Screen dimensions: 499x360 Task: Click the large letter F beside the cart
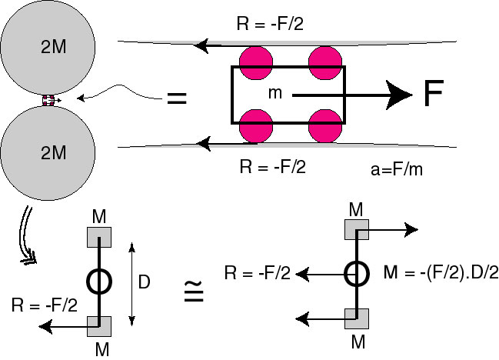point(434,93)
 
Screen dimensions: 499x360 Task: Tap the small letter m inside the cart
point(275,93)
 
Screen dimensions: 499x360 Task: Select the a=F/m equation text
point(397,168)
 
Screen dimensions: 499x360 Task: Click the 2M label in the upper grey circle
point(54,47)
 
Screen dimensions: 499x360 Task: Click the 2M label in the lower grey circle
point(54,152)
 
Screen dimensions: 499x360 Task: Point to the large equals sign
point(177,98)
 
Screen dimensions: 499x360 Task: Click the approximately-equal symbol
point(194,292)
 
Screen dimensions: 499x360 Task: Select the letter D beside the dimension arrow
point(144,282)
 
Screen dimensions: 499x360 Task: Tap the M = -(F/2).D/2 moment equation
point(441,273)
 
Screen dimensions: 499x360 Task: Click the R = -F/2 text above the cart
point(270,24)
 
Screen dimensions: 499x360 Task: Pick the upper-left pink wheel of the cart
point(256,63)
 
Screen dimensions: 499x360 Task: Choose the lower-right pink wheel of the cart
point(325,126)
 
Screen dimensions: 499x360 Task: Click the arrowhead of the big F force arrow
point(398,95)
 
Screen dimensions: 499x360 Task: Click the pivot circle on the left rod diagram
point(99,282)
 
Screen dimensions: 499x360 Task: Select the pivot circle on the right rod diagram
point(357,274)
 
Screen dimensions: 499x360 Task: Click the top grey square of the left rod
point(99,237)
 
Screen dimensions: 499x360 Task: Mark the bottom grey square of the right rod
point(357,318)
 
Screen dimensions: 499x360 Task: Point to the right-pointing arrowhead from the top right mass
point(411,230)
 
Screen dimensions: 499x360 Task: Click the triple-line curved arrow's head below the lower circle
point(29,258)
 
